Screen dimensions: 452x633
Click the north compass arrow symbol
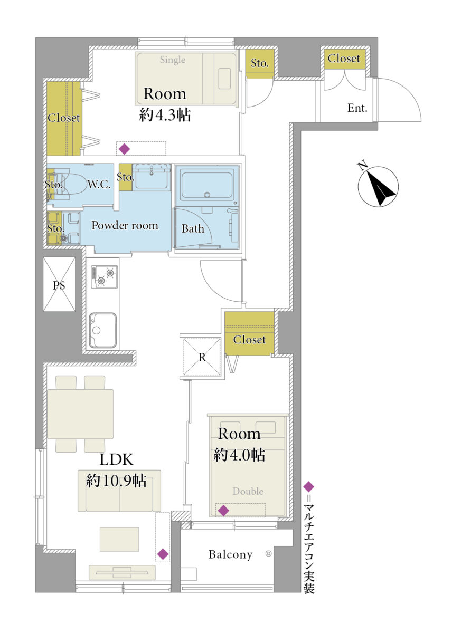tap(378, 186)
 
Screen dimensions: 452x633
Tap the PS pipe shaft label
tap(59, 285)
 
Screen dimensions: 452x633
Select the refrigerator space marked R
tap(202, 356)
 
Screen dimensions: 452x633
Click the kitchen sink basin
tap(102, 330)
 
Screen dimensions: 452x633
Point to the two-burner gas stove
tap(105, 276)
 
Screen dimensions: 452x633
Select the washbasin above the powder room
tap(152, 177)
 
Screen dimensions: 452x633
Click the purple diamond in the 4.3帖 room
tap(125, 149)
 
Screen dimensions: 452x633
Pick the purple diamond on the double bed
tap(224, 511)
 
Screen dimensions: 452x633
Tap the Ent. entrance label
tap(357, 108)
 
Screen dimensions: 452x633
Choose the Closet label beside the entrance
tap(344, 58)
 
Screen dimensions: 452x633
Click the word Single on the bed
tap(173, 60)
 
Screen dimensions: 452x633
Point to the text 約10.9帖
tap(116, 481)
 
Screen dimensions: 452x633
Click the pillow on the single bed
tap(225, 79)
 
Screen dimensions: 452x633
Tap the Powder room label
tap(125, 225)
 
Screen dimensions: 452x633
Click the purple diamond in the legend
tap(308, 486)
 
